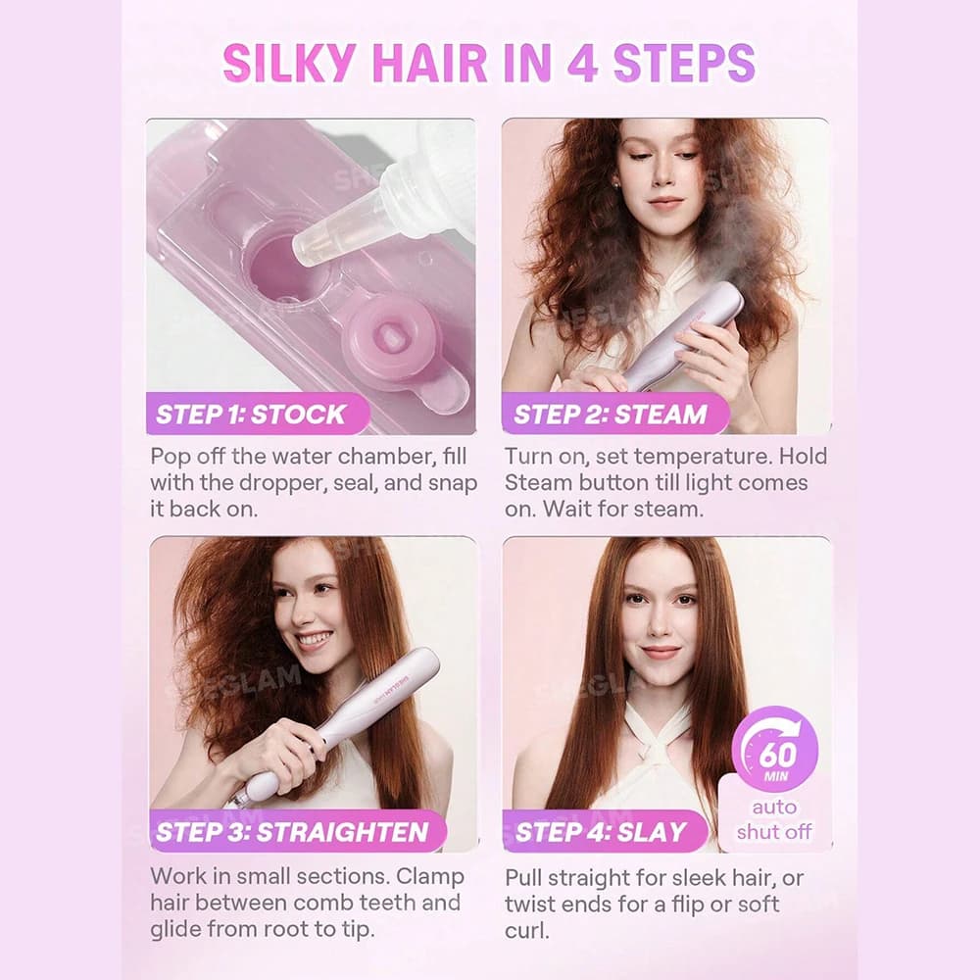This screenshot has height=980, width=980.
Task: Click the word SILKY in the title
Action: coord(289,63)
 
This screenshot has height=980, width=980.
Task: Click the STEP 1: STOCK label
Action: coord(251,414)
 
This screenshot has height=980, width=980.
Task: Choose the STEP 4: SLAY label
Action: coord(602,832)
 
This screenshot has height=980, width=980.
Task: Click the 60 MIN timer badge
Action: coord(775,749)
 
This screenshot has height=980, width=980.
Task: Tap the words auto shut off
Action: coord(774,820)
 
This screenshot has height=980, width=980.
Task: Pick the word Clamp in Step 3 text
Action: coord(430,877)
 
